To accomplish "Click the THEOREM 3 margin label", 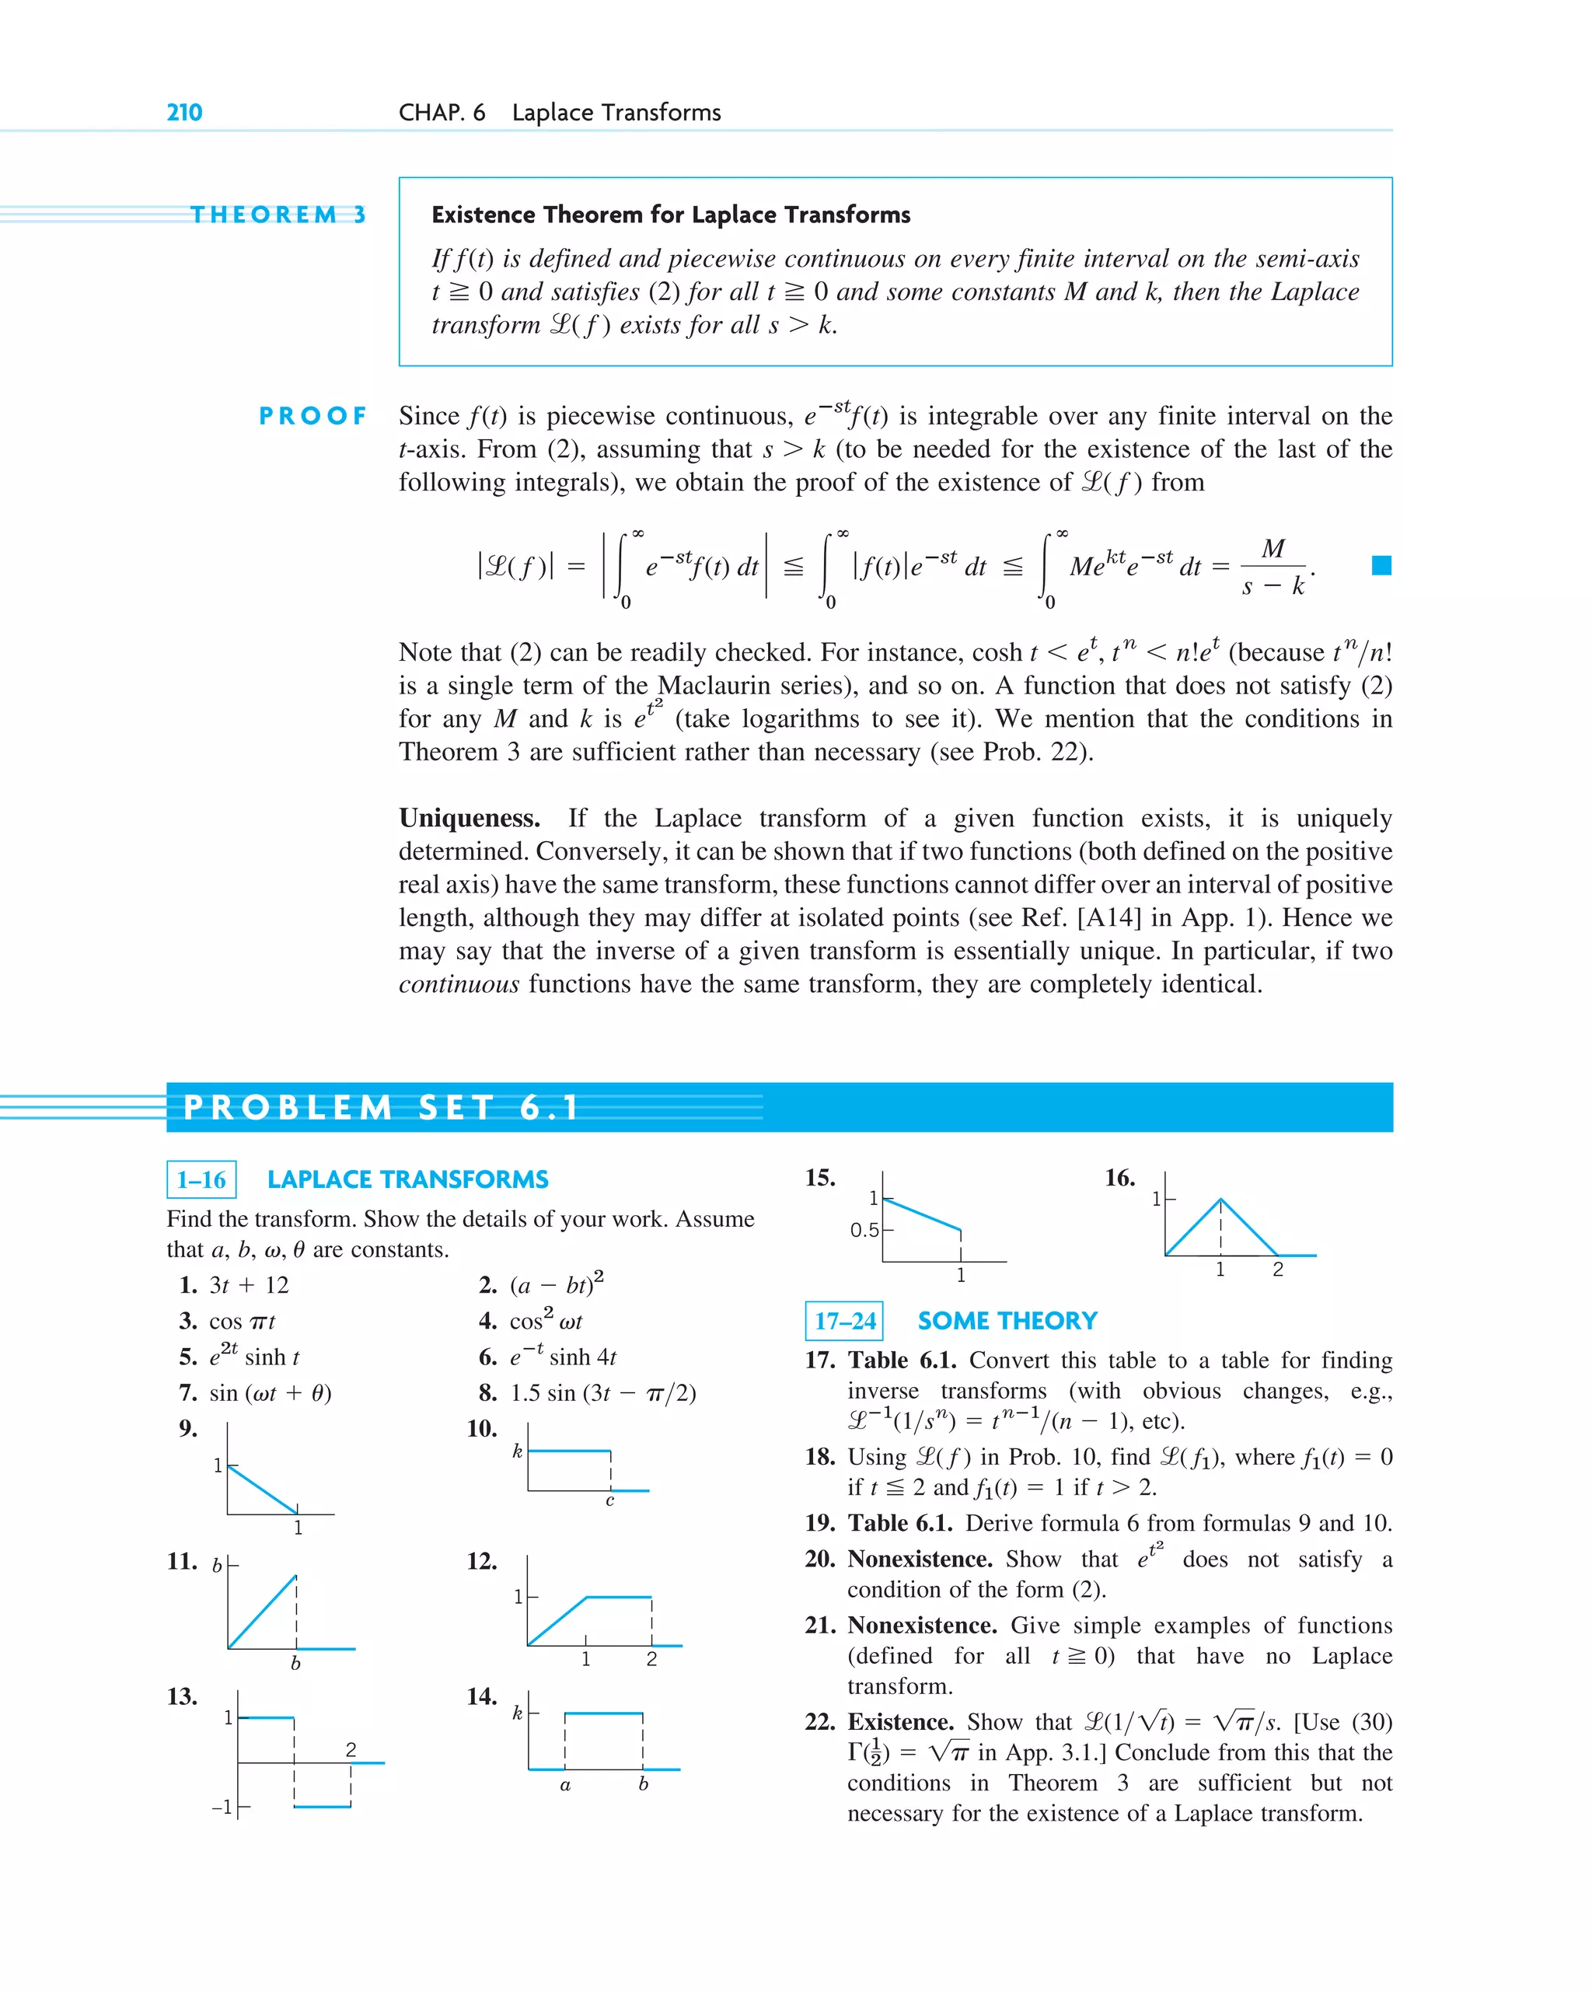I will [x=277, y=215].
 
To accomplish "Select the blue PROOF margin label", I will [x=312, y=416].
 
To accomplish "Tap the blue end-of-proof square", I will [x=1381, y=565].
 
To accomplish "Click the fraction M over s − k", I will [x=1273, y=567].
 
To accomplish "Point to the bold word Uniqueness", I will [x=469, y=818].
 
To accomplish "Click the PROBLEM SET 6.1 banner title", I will [x=380, y=1106].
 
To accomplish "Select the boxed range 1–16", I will [x=201, y=1179].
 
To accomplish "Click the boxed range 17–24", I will [x=844, y=1321].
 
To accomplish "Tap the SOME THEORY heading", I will [x=1007, y=1321].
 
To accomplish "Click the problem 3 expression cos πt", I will [x=242, y=1322].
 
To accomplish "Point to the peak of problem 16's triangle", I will [x=1220, y=1200].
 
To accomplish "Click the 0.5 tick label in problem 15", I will [x=864, y=1230].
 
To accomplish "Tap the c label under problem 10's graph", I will [x=609, y=1501].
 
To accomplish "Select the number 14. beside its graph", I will [x=482, y=1696].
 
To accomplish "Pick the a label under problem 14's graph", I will [x=565, y=1785].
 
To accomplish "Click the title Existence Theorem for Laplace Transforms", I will [x=670, y=215].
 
